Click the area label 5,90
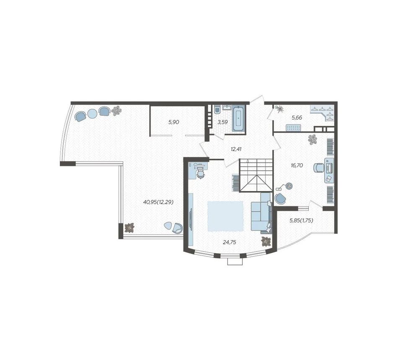[174, 122]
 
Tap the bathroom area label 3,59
[222, 122]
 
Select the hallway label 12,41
[236, 149]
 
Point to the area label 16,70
[297, 165]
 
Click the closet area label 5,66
[297, 117]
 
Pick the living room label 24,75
[230, 242]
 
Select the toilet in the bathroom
[217, 109]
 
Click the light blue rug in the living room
[225, 216]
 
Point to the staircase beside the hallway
[256, 175]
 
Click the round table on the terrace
[92, 114]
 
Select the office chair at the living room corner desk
[201, 174]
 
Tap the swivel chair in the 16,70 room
[318, 168]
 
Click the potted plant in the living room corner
[266, 241]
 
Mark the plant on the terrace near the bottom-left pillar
[129, 228]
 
